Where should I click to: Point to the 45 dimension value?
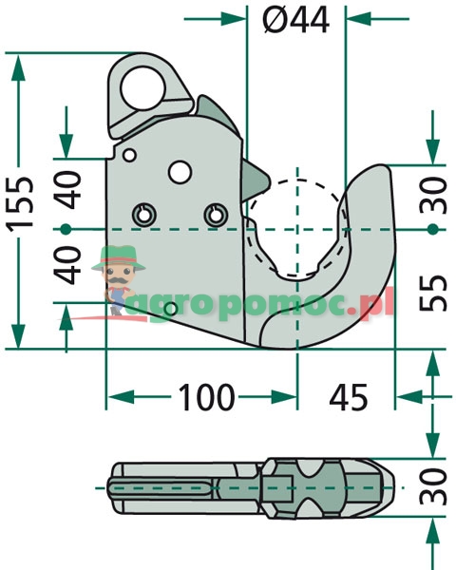(x=348, y=398)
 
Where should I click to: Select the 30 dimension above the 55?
(x=432, y=196)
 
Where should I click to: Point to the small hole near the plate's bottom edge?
(x=170, y=310)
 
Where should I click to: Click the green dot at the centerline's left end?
(x=65, y=229)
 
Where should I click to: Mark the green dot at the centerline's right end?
(x=432, y=229)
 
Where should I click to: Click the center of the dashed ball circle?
(x=296, y=229)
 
